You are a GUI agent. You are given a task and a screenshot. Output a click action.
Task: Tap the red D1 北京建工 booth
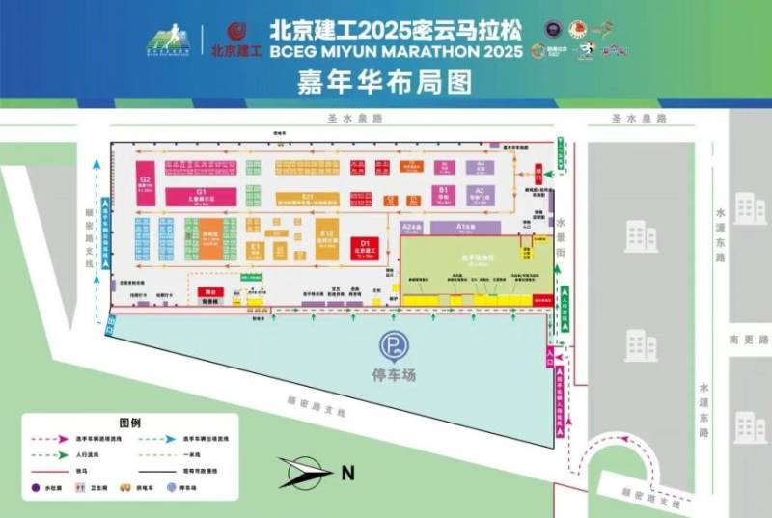pos(366,246)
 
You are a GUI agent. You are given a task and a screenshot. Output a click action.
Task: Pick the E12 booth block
pos(327,239)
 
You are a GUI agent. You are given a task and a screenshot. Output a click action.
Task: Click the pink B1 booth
pos(443,194)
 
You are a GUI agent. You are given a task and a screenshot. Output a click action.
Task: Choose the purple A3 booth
pos(479,194)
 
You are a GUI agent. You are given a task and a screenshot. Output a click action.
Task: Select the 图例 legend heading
pos(130,423)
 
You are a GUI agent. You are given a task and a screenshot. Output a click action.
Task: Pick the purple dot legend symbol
pos(36,488)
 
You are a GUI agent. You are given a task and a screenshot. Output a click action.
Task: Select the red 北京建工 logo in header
pos(235,39)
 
